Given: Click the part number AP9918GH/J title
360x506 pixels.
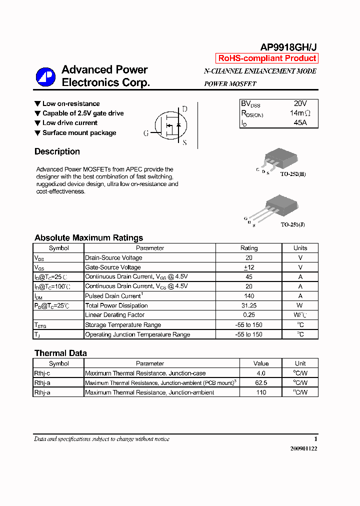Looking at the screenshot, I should pos(288,47).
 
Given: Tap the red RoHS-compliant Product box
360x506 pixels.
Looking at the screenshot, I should pos(267,58).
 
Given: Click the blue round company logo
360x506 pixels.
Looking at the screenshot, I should pos(45,76).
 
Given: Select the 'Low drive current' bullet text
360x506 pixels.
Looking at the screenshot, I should pos(69,123).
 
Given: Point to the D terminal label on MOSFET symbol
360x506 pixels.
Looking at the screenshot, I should pos(184,109).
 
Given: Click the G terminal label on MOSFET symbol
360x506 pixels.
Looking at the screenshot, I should pos(146,133).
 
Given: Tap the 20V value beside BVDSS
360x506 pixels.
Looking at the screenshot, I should pos(300,103).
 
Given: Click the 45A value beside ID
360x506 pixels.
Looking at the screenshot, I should pos(300,122).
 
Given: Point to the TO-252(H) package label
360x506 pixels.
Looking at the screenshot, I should pos(292,174).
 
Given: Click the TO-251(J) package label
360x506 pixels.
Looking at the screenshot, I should pos(292,224).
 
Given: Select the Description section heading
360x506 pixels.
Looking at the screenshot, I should pos(57,151).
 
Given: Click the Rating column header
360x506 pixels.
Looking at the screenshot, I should pos(249,248).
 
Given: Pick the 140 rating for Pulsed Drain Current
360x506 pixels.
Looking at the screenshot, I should pos(249,296).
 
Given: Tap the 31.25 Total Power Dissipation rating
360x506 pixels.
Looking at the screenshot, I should pos(249,305).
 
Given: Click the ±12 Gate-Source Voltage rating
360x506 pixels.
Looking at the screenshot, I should pos(249,267).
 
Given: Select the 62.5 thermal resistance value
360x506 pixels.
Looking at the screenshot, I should pos(261,383).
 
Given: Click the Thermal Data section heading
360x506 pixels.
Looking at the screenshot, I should pos(60,353).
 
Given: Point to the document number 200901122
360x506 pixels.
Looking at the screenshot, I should pos(303,448).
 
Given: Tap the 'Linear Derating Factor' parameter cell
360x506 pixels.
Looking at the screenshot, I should pos(114,315).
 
